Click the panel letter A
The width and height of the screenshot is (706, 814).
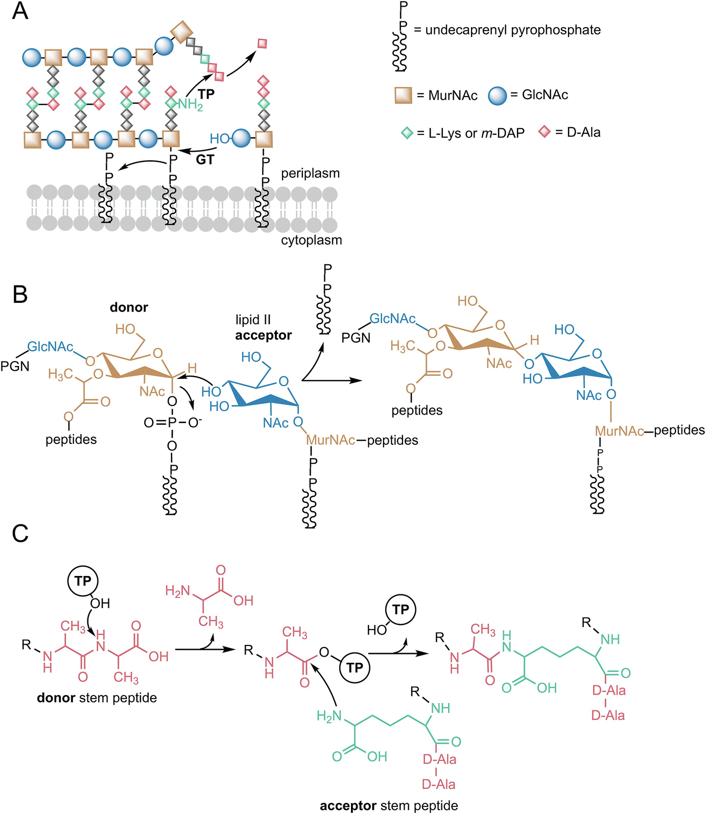click(x=20, y=11)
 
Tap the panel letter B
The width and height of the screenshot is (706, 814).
click(x=20, y=295)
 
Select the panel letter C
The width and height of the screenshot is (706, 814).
click(x=20, y=534)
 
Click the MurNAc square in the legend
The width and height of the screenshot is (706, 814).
click(x=403, y=95)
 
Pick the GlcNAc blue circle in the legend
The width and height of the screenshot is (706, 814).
click(x=497, y=95)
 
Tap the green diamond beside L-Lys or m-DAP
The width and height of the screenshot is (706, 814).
click(x=407, y=133)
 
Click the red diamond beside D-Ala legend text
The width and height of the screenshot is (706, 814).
click(x=545, y=132)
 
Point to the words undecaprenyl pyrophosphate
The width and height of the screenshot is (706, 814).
click(x=512, y=30)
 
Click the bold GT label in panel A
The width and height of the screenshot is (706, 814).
click(x=205, y=160)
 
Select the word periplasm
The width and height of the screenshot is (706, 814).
click(x=310, y=174)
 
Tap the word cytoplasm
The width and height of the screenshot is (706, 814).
click(x=311, y=240)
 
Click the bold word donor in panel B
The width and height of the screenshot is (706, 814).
click(x=129, y=307)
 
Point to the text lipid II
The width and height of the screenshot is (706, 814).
click(x=253, y=320)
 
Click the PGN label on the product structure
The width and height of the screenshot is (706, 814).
click(x=356, y=338)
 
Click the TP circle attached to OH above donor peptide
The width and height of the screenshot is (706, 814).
click(x=82, y=581)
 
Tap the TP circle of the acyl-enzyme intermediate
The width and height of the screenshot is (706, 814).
click(x=355, y=667)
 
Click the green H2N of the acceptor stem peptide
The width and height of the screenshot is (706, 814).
click(x=328, y=716)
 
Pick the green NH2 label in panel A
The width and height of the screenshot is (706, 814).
click(x=191, y=105)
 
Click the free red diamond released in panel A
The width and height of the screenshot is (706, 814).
click(x=263, y=43)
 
